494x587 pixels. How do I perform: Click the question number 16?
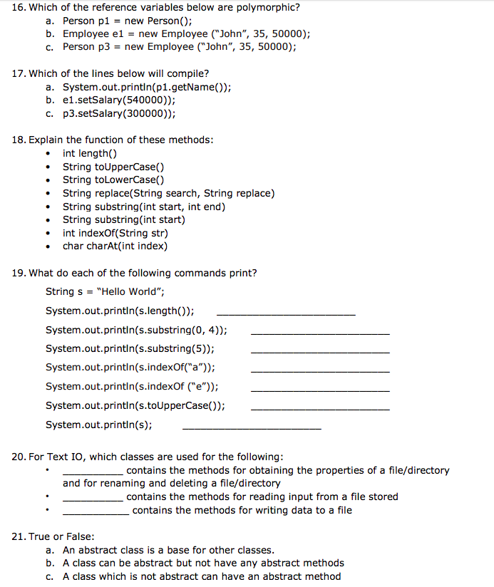pos(19,8)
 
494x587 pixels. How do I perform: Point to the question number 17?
pos(19,73)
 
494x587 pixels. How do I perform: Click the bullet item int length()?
pos(90,153)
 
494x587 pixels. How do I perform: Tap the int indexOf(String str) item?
pos(115,233)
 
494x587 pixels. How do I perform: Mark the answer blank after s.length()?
pos(285,313)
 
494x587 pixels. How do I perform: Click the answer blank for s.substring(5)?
pos(320,351)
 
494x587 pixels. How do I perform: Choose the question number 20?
pos(19,457)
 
